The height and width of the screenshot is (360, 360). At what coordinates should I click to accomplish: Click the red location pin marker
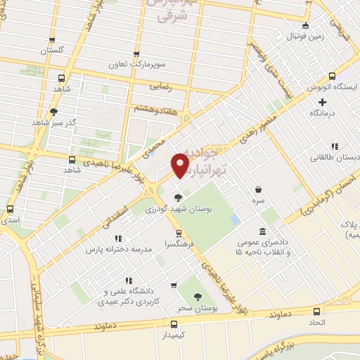coord(181,165)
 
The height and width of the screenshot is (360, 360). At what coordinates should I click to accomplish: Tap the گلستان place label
coord(51,51)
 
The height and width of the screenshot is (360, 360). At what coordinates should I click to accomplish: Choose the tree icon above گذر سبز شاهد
coord(53,112)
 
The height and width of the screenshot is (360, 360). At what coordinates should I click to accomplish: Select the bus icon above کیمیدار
coord(173,324)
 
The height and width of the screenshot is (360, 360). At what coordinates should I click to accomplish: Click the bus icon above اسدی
coord(10,210)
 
